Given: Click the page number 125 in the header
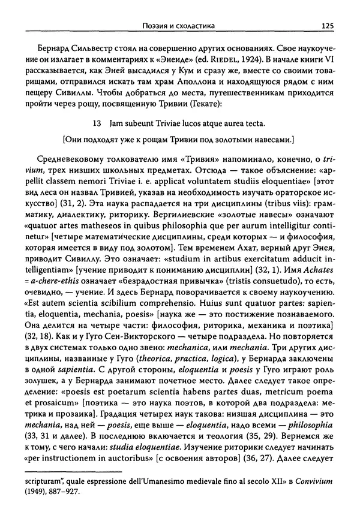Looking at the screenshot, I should tap(327, 25).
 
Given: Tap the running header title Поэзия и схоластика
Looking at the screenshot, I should tap(175, 25).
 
